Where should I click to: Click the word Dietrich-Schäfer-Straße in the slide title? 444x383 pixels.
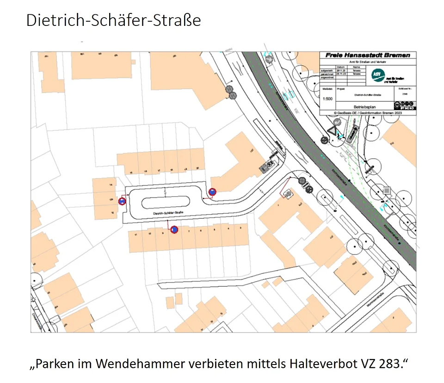[x=114, y=21]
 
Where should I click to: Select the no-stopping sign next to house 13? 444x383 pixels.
[x=122, y=201]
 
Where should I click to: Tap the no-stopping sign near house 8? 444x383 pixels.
[x=174, y=229]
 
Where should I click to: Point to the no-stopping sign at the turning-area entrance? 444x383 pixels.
[x=212, y=191]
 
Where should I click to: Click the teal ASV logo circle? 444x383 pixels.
[x=377, y=74]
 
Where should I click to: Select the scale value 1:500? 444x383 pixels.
[x=327, y=99]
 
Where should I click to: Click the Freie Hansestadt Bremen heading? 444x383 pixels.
[x=368, y=55]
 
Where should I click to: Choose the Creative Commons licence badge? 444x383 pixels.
[x=404, y=106]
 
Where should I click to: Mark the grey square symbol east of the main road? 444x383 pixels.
[x=387, y=190]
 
